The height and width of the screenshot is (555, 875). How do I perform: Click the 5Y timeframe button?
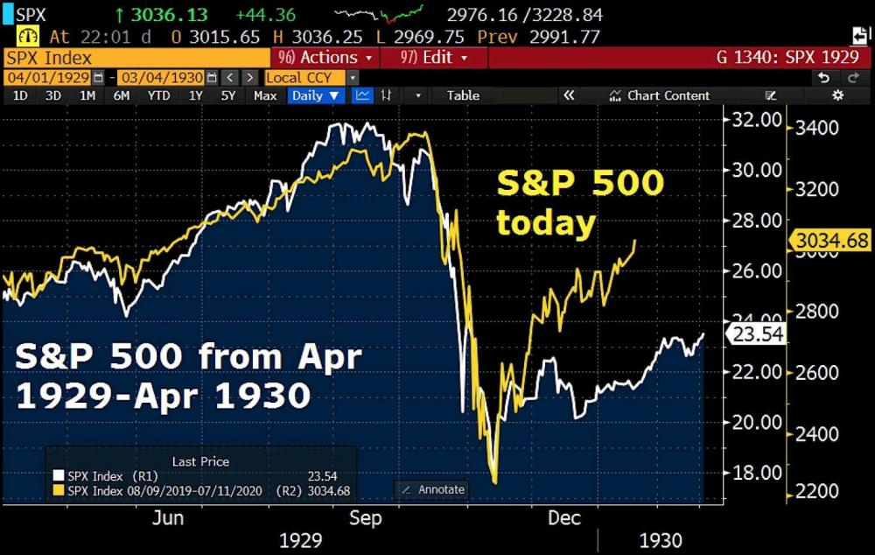click(x=228, y=95)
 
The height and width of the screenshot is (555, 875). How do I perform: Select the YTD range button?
click(x=159, y=95)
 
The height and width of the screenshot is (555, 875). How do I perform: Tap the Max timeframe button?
click(x=265, y=95)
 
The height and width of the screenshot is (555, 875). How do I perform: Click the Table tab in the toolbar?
click(x=463, y=95)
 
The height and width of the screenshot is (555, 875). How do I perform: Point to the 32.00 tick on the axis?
click(x=756, y=120)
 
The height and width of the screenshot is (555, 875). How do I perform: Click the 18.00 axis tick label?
click(x=756, y=473)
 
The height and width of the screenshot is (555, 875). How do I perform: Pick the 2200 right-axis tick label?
click(x=816, y=492)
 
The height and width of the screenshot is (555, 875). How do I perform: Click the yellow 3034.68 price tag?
click(x=831, y=241)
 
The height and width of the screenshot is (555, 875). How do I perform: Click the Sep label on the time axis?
click(x=365, y=518)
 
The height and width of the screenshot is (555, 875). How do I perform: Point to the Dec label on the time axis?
click(x=564, y=518)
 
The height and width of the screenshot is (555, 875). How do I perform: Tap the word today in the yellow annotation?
click(x=546, y=223)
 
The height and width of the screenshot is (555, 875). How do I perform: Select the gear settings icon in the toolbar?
click(x=838, y=95)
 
